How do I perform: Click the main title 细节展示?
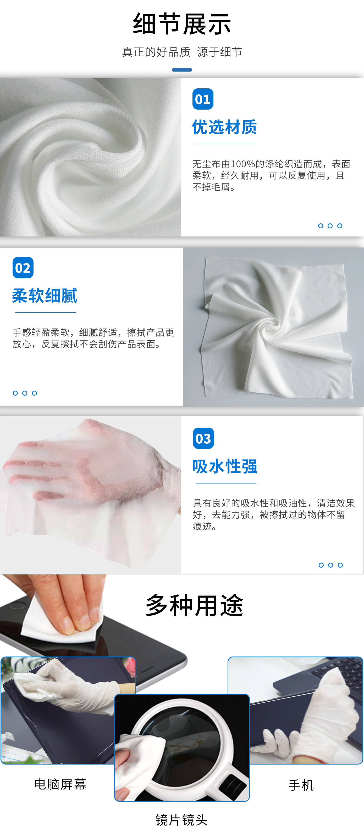(x=182, y=24)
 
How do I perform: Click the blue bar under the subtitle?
(x=182, y=70)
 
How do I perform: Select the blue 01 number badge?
(x=203, y=99)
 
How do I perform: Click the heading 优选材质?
(x=224, y=127)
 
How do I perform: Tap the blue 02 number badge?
(x=23, y=268)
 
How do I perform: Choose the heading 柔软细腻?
(x=45, y=296)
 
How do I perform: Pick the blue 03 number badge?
(x=203, y=438)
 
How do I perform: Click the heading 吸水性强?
(x=225, y=466)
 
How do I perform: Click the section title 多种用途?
(x=195, y=605)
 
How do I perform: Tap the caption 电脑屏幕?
(x=60, y=784)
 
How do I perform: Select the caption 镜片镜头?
(x=181, y=820)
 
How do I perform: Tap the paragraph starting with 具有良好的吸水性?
(x=274, y=515)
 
